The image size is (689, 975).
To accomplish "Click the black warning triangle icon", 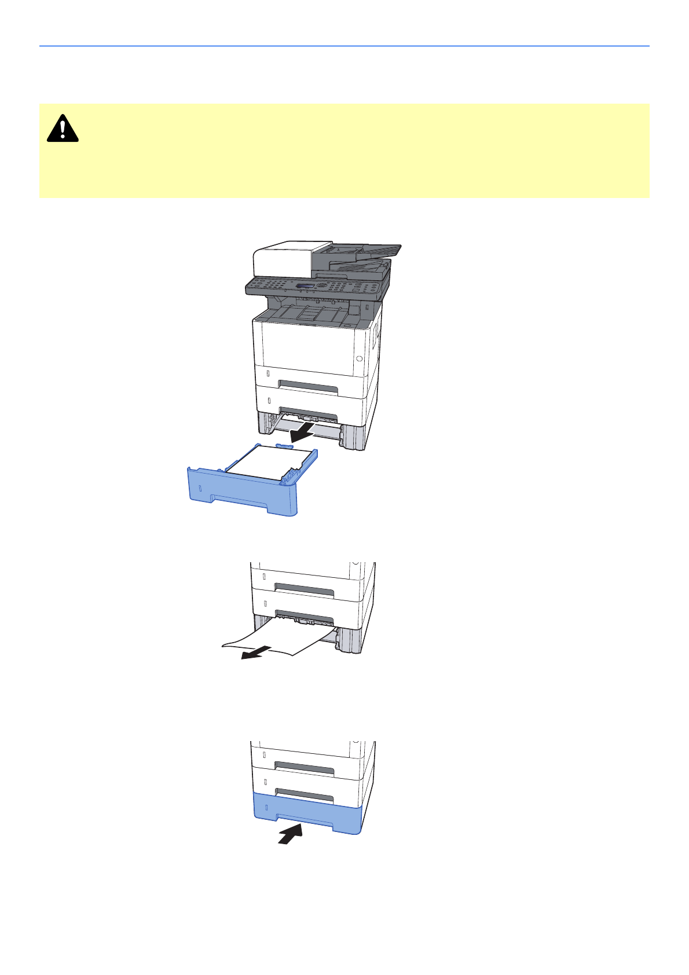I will coord(63,129).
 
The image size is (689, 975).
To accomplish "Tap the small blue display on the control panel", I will coord(305,287).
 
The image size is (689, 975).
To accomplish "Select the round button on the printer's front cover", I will coord(359,359).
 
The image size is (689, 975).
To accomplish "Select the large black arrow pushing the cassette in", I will coord(291,834).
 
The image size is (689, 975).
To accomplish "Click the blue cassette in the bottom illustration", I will coord(307,813).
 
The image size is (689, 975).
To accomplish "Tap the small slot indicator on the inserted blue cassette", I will coord(265,807).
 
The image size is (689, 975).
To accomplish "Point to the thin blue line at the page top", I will coord(344,46).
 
